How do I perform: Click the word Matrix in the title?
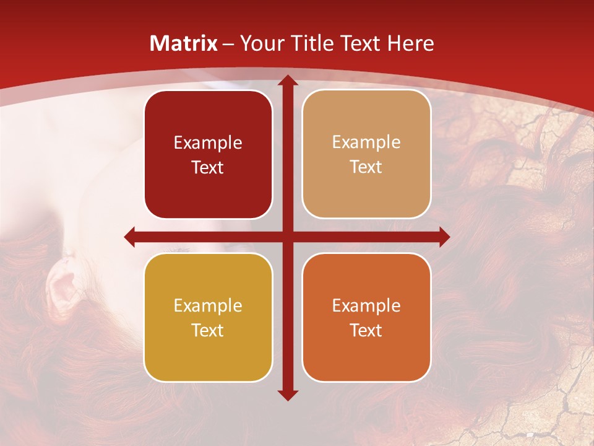[184, 43]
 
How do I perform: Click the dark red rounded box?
[208, 154]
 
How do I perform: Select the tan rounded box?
[366, 154]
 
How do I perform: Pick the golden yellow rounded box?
[208, 317]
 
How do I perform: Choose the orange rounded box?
[366, 317]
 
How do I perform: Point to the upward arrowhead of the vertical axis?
[287, 81]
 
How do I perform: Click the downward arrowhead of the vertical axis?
[287, 395]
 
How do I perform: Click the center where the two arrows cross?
[287, 237]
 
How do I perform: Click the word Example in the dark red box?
[208, 143]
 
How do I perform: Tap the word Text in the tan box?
[366, 167]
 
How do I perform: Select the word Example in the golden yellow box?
[208, 306]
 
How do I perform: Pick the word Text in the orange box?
[366, 330]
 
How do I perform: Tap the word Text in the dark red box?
[208, 168]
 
